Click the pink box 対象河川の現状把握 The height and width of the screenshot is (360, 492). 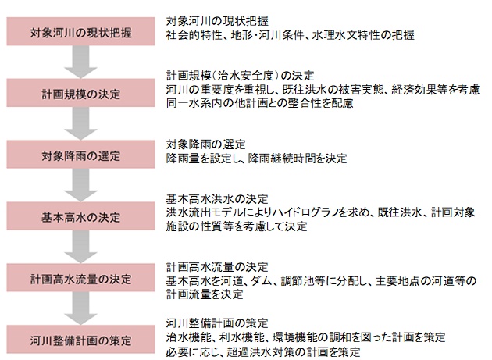coord(80,31)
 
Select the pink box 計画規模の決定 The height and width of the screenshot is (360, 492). coord(80,93)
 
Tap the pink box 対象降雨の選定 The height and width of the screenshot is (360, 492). coord(80,155)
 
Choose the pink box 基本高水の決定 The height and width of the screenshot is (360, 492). coord(80,216)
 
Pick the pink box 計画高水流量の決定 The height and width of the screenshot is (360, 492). coord(80,278)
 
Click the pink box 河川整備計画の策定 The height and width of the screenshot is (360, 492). coord(80,339)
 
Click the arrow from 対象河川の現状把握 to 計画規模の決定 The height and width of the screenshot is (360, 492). coord(80,62)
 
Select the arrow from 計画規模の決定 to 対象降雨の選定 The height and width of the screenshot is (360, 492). coord(80,123)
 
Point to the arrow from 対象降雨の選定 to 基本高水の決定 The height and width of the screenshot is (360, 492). coord(80,185)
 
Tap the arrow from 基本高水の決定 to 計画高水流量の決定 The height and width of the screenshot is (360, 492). coord(80,247)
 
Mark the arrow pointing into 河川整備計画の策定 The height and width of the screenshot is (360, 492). coord(80,308)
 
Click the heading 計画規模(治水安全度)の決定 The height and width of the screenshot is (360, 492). coord(240,76)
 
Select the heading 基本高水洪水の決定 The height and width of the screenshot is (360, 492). coord(217,199)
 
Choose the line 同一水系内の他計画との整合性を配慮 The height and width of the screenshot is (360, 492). coord(259,103)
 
